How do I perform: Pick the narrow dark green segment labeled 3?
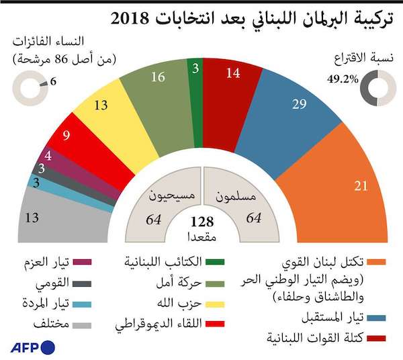195,81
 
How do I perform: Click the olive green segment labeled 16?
158,84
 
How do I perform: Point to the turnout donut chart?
375,88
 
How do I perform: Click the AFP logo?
32,347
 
